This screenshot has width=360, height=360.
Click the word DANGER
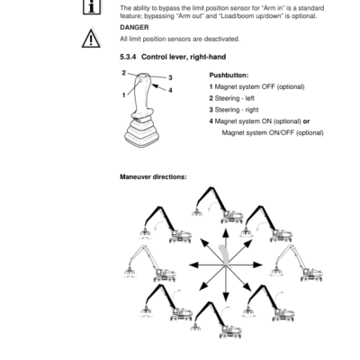pos(133,28)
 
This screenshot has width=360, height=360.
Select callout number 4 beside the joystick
pos(170,90)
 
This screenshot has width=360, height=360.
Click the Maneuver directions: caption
pos(153,177)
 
